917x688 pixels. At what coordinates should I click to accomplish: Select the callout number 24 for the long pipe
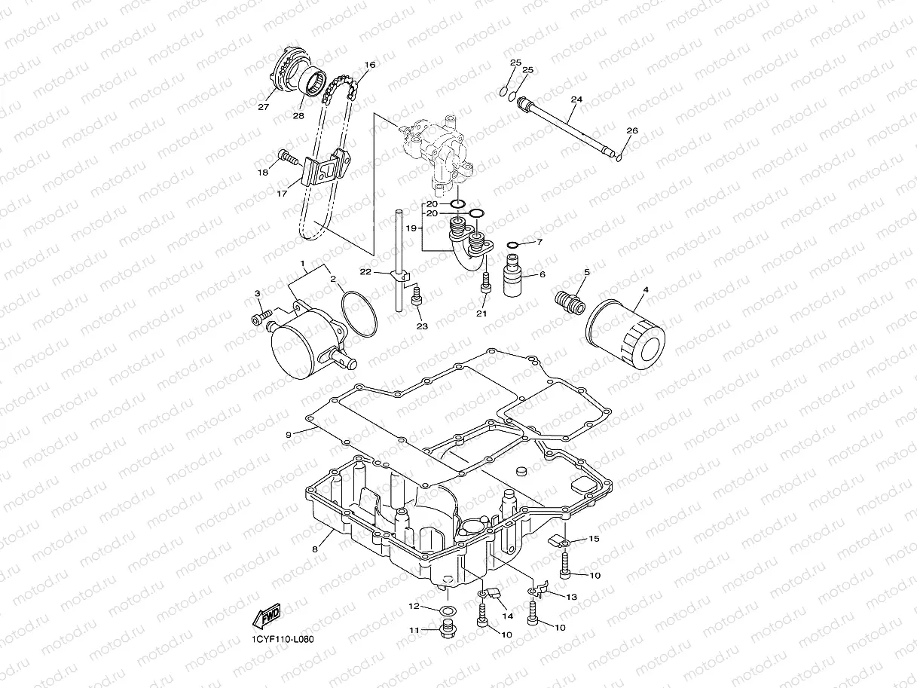tap(576, 99)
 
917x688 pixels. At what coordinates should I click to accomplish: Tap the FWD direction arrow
tap(268, 619)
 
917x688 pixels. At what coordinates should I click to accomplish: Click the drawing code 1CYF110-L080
tap(283, 640)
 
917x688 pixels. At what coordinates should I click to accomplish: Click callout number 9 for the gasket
tap(289, 435)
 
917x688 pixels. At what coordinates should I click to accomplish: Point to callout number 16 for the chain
tap(369, 65)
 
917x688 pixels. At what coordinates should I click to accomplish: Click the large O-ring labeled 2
tap(358, 313)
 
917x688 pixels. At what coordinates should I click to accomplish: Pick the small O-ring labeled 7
tap(512, 245)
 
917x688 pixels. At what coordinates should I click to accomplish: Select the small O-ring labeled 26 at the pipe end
tap(619, 157)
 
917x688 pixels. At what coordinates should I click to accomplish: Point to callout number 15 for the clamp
tap(594, 539)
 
